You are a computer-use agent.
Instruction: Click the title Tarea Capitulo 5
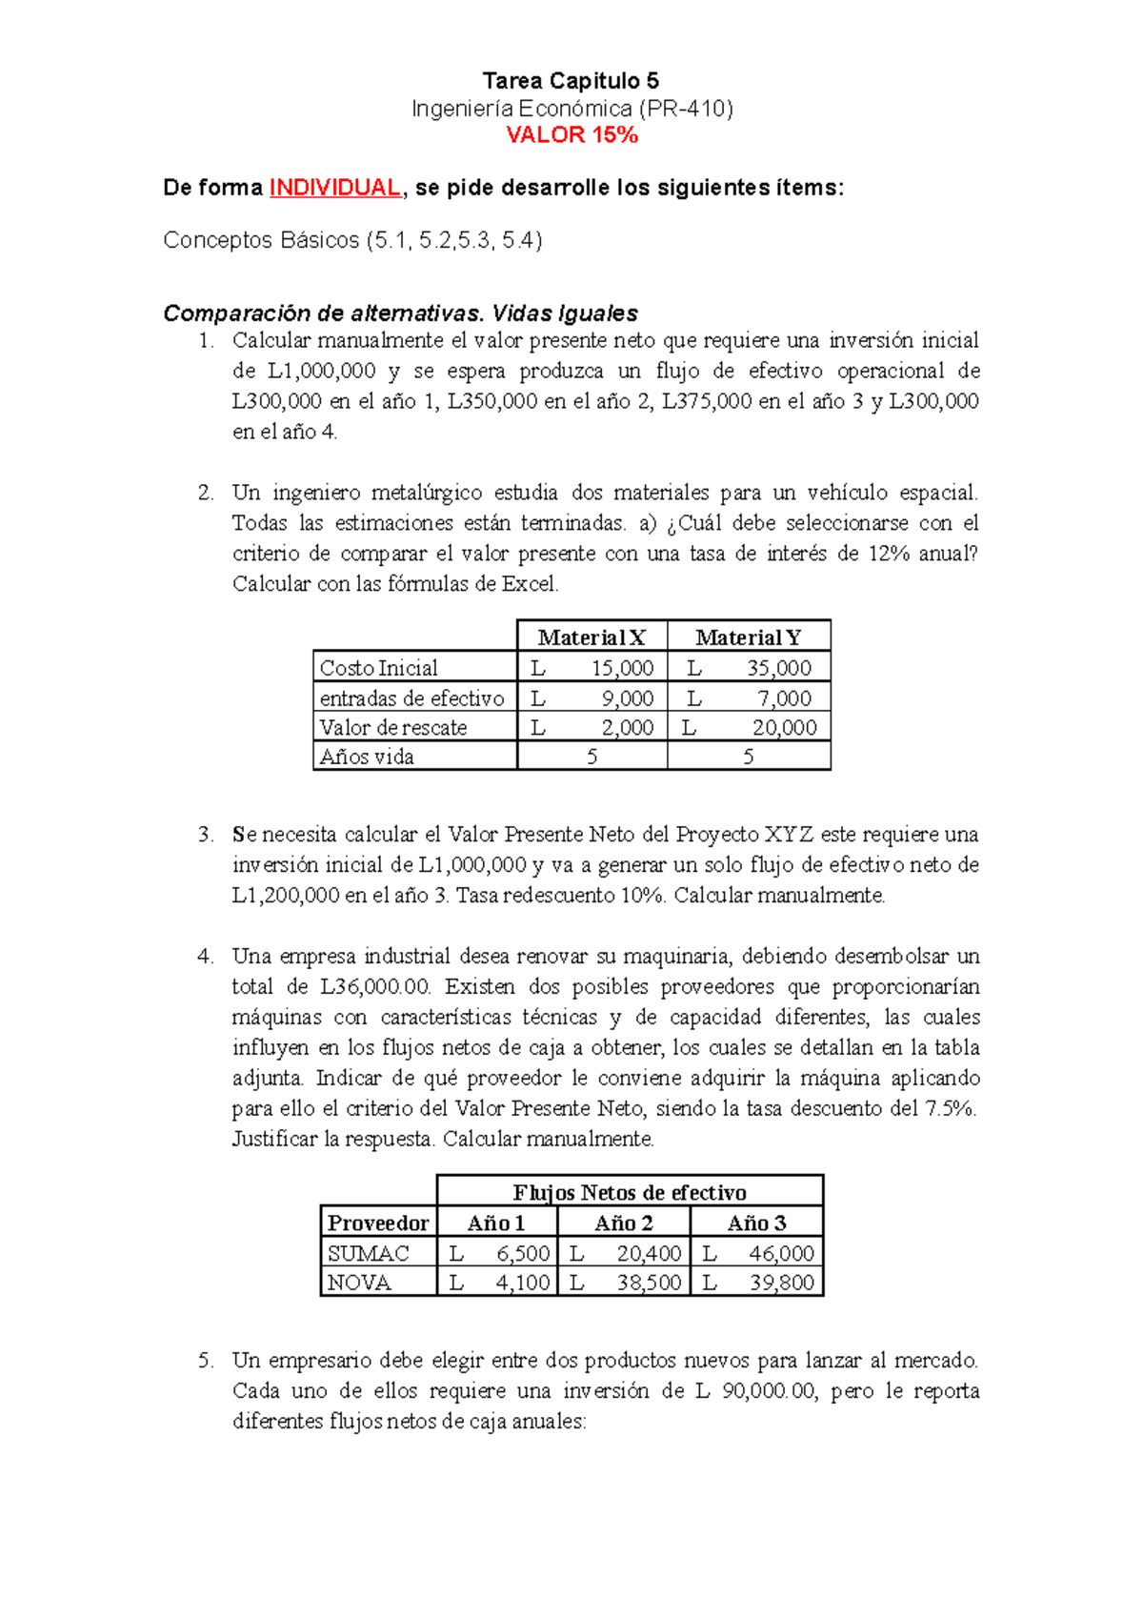pyautogui.click(x=571, y=81)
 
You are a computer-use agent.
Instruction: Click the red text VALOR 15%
pyautogui.click(x=571, y=135)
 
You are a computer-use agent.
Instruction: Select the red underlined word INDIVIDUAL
pyautogui.click(x=335, y=188)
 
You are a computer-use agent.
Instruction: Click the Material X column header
pyautogui.click(x=592, y=637)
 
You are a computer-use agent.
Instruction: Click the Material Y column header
pyautogui.click(x=749, y=637)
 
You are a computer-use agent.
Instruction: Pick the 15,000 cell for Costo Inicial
pyautogui.click(x=621, y=668)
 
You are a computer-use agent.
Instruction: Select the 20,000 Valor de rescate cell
pyautogui.click(x=784, y=728)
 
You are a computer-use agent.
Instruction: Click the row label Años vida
pyautogui.click(x=367, y=758)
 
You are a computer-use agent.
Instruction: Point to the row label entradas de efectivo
pyautogui.click(x=411, y=698)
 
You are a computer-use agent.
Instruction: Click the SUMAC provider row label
pyautogui.click(x=368, y=1254)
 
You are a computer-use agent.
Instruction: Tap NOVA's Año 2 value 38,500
pyautogui.click(x=648, y=1284)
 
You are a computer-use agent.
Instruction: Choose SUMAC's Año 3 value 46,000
pyautogui.click(x=781, y=1254)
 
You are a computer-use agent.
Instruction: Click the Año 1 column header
pyautogui.click(x=496, y=1224)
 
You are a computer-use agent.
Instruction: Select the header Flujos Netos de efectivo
pyautogui.click(x=630, y=1193)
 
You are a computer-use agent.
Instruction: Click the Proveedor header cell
pyautogui.click(x=378, y=1224)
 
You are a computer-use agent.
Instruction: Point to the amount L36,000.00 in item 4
pyautogui.click(x=375, y=987)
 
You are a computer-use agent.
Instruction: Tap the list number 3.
pyautogui.click(x=206, y=836)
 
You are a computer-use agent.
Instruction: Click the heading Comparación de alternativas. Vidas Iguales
pyautogui.click(x=400, y=313)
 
